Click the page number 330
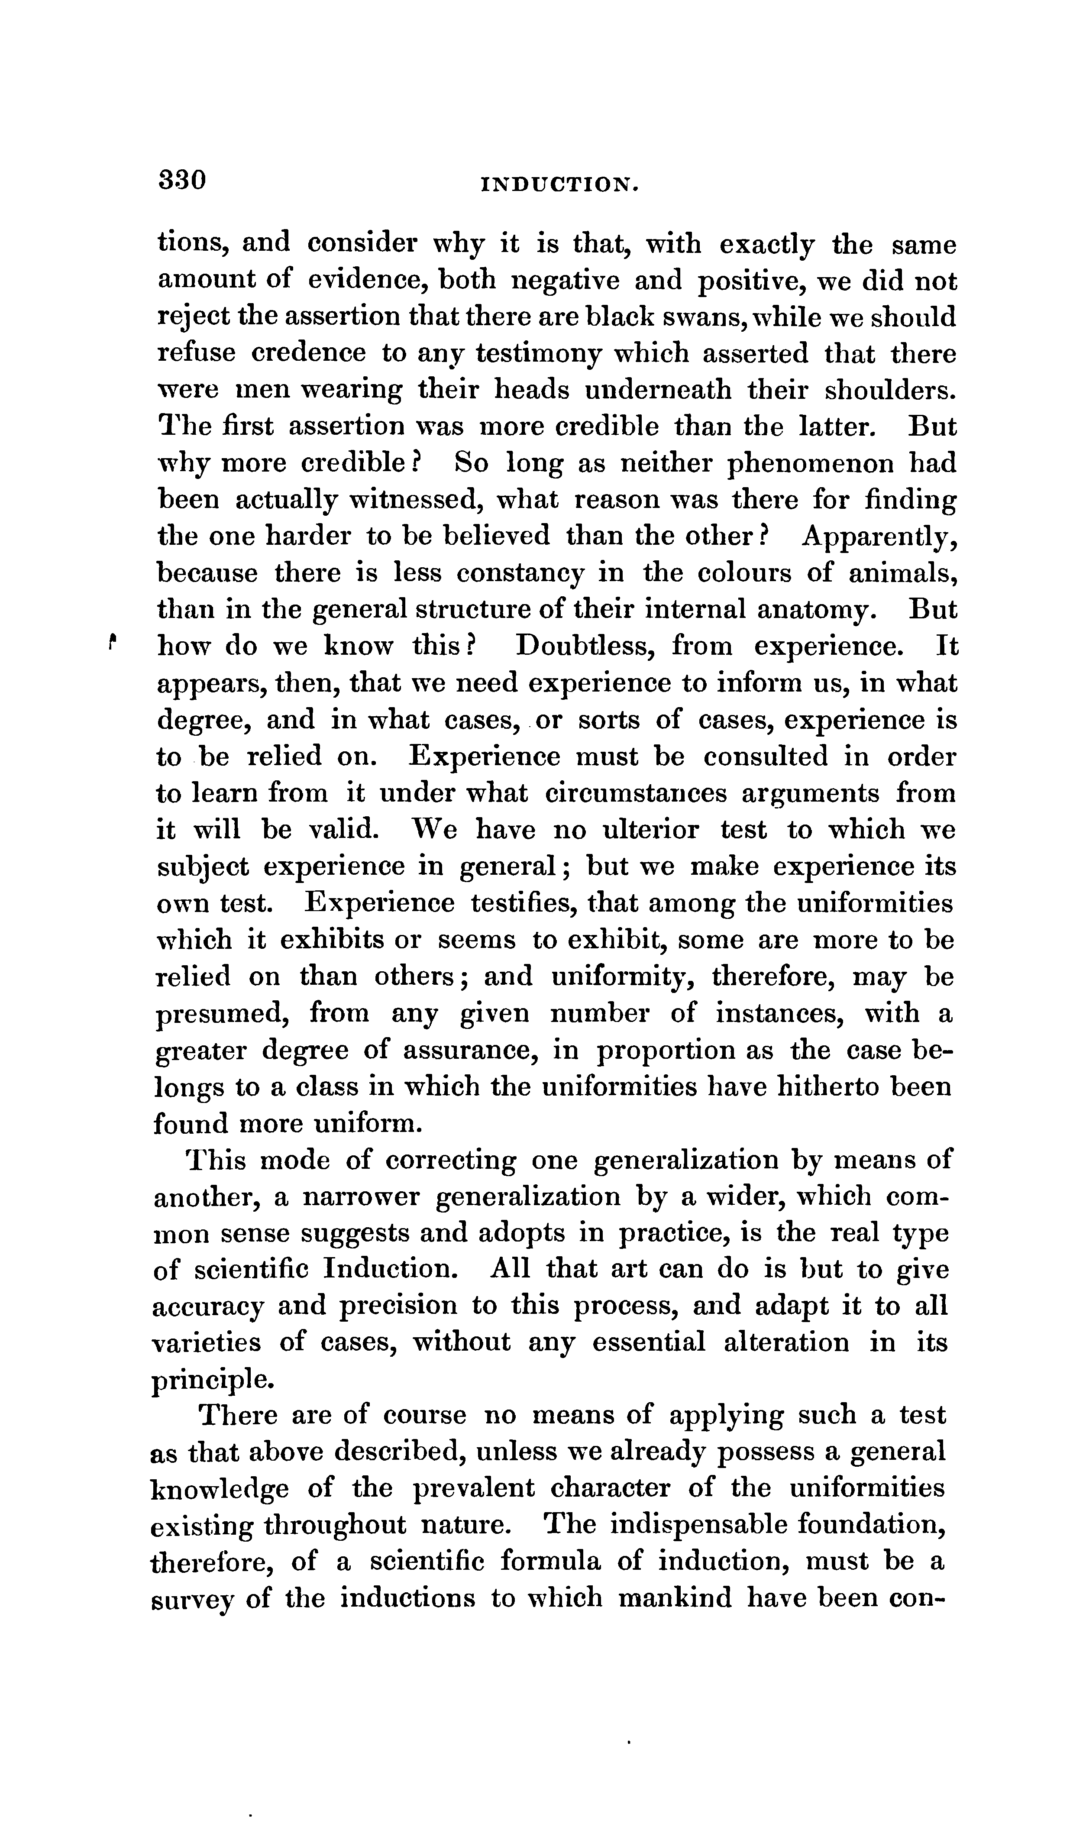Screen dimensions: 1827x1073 183,180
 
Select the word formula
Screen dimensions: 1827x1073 550,1562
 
